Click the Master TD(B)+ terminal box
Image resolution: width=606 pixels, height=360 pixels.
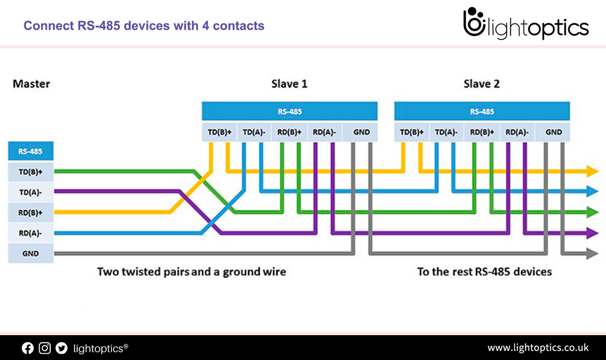[30, 172]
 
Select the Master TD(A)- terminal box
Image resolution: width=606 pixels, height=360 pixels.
[30, 192]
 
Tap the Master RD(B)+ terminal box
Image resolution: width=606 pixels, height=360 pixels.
[30, 212]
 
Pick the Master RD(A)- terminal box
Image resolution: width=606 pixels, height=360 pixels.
[30, 233]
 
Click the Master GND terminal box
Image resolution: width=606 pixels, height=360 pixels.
[30, 253]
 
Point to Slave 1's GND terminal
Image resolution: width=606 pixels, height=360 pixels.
[360, 132]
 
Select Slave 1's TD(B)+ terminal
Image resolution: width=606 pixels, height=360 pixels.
[220, 132]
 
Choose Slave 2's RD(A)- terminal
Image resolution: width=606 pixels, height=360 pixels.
[517, 132]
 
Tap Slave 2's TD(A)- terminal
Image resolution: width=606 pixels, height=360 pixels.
[447, 132]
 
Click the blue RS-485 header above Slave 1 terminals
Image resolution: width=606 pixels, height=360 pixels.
[289, 111]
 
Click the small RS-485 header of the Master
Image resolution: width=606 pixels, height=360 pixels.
[30, 151]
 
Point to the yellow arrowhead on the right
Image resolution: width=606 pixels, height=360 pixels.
[592, 172]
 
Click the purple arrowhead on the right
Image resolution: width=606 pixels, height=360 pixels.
[592, 232]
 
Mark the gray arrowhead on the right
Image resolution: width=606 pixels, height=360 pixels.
[592, 253]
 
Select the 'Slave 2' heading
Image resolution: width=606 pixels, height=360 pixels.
[481, 84]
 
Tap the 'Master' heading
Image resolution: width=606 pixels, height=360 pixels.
[31, 84]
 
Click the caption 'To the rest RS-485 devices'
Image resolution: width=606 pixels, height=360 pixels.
[484, 272]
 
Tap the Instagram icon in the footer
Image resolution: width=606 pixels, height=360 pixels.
[44, 348]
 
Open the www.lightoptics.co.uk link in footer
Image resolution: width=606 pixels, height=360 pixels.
[537, 348]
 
